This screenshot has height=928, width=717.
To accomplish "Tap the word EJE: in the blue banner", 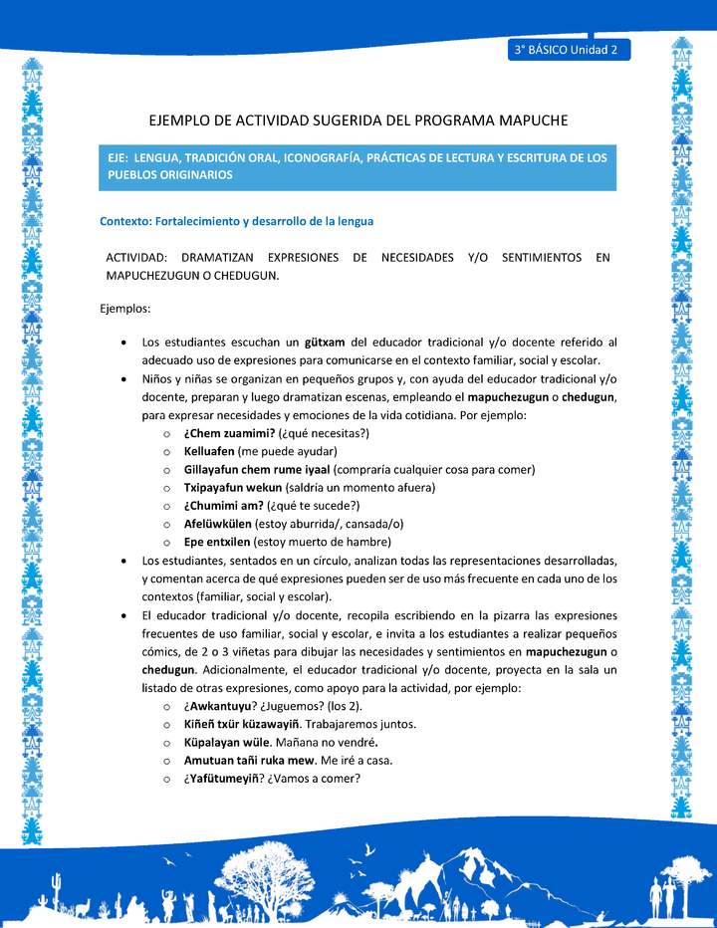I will click(x=122, y=158).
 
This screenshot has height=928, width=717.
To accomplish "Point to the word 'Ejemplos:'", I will click(x=125, y=309).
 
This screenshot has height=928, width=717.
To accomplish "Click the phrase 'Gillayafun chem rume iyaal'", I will click(x=257, y=469).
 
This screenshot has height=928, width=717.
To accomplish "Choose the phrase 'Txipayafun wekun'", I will click(x=233, y=487).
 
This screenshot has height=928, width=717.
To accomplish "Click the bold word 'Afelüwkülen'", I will click(x=218, y=524).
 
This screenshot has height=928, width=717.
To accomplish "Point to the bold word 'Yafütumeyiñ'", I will click(x=226, y=779).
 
